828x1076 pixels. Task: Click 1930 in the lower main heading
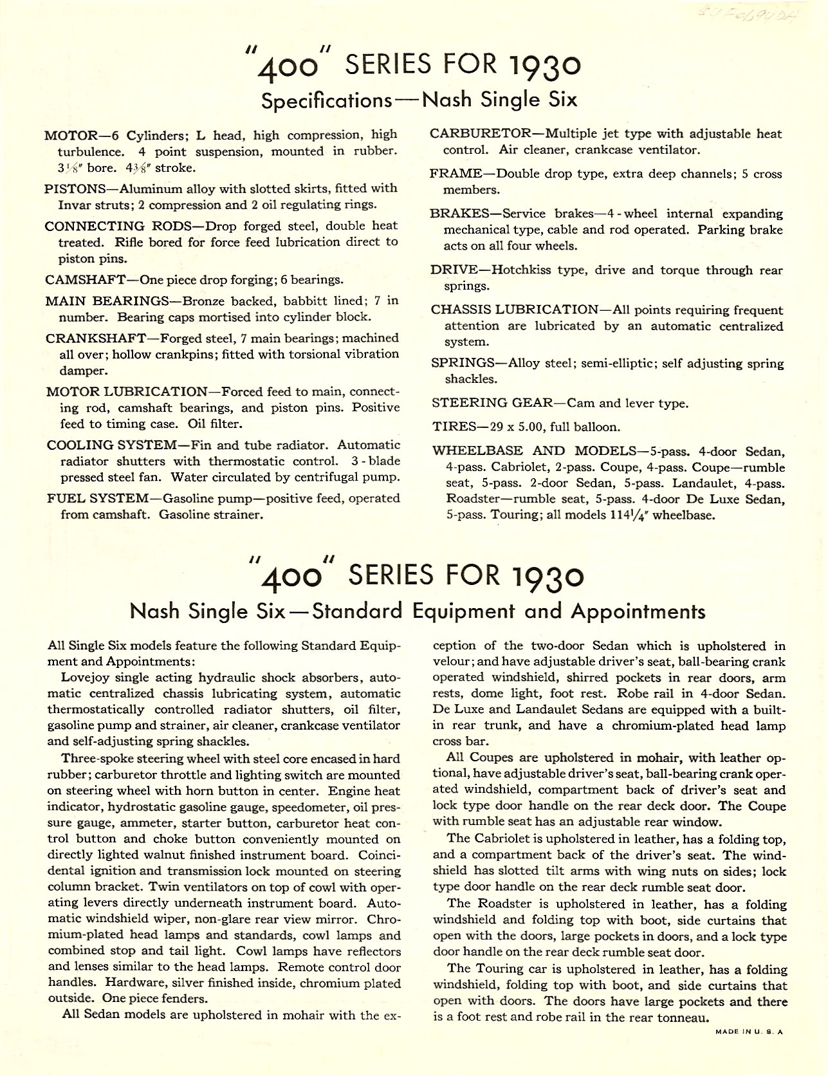click(x=546, y=575)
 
